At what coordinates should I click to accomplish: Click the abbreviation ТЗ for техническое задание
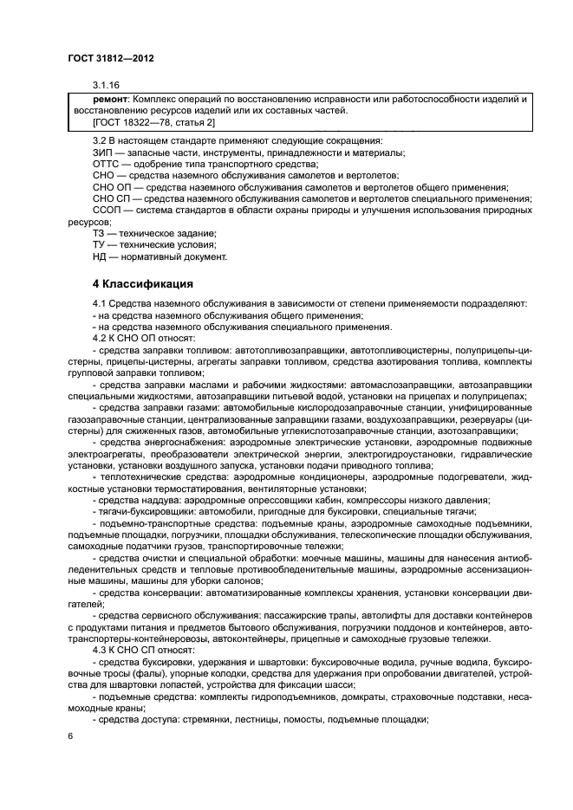tap(100, 234)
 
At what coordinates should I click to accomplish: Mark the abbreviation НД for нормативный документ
tap(101, 256)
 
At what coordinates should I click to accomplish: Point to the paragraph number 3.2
tap(101, 140)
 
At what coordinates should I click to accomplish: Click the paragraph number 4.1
tap(101, 303)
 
